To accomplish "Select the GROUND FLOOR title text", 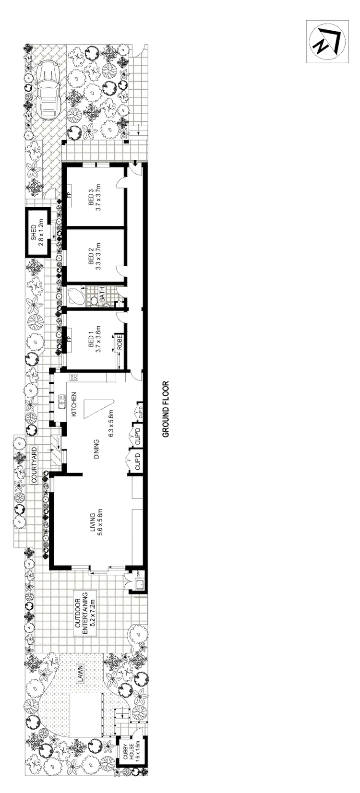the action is point(166,408).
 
